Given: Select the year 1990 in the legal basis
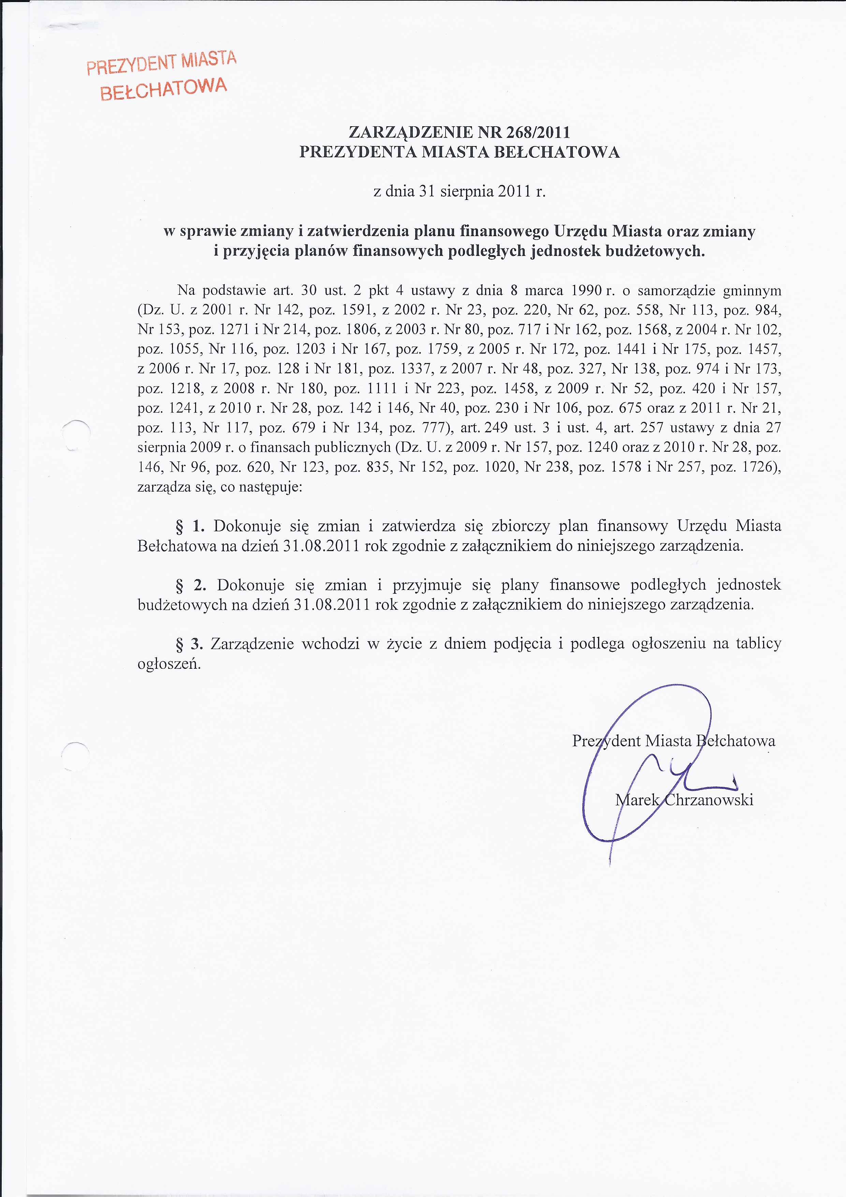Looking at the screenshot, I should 587,290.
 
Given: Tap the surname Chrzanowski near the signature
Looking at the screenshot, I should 708,800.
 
